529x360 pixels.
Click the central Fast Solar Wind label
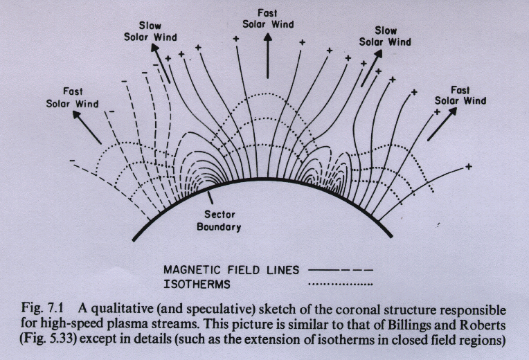267,19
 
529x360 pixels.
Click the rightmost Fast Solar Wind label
460,96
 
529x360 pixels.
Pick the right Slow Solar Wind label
385,36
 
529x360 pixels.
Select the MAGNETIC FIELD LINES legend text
231,270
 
